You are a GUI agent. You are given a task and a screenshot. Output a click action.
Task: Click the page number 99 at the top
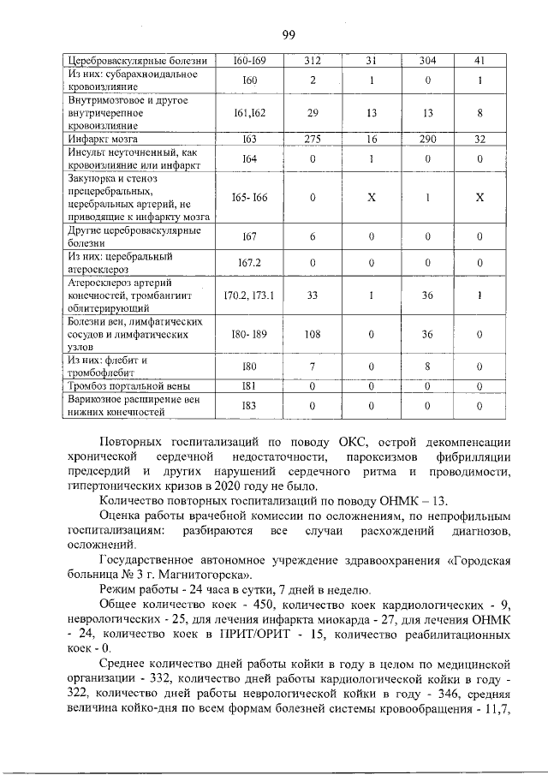tap(288, 35)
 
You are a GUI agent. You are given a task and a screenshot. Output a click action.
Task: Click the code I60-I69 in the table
tap(250, 61)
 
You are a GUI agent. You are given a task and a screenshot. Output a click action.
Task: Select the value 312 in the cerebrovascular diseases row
tap(313, 61)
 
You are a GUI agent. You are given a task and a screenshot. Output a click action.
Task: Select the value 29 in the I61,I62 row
tap(313, 112)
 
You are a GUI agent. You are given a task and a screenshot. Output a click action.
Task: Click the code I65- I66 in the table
tap(250, 198)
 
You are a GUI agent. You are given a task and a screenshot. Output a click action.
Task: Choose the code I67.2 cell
tap(250, 263)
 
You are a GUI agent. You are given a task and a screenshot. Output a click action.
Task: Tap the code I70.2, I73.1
tap(250, 295)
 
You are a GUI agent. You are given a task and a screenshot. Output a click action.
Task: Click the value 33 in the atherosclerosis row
tap(313, 295)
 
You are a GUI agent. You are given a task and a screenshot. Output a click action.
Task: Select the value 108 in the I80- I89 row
tap(313, 334)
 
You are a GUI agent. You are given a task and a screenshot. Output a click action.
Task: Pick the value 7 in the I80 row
tap(313, 367)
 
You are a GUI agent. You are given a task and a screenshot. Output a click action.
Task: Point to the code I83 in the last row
tap(250, 405)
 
